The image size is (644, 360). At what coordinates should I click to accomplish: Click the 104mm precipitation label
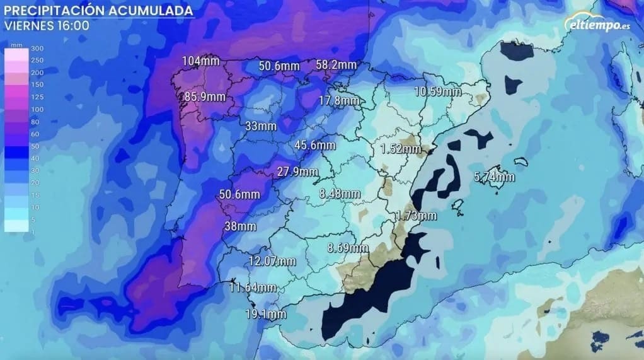(x=200, y=61)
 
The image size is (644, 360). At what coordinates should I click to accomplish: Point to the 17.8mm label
(x=339, y=101)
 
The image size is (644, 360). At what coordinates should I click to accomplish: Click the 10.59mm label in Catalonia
(x=437, y=91)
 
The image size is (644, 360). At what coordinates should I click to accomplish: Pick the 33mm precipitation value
(x=260, y=126)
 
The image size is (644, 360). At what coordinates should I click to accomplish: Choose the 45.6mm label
(x=315, y=145)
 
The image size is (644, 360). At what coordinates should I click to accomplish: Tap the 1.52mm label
(x=401, y=149)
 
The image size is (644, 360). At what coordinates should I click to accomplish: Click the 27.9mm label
(x=297, y=171)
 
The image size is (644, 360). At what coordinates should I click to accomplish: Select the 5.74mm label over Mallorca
(x=494, y=177)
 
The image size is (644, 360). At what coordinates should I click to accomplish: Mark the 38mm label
(x=240, y=226)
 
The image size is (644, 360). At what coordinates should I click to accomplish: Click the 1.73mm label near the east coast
(x=416, y=216)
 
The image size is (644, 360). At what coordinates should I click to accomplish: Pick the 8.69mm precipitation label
(x=348, y=248)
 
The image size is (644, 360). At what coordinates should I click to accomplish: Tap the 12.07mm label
(x=272, y=260)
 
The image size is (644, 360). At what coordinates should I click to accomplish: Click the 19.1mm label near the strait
(x=267, y=313)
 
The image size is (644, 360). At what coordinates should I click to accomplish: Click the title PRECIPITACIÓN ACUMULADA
(x=99, y=11)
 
